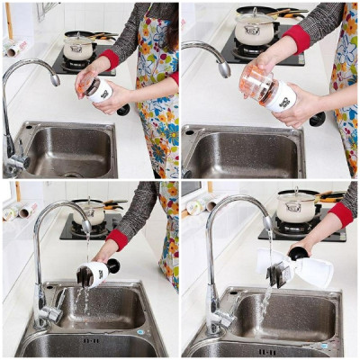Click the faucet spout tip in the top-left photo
tap(56, 80)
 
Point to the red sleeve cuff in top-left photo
tap(110, 59)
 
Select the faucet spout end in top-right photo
tap(223, 69)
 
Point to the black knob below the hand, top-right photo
tap(318, 118)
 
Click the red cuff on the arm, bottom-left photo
tap(117, 238)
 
